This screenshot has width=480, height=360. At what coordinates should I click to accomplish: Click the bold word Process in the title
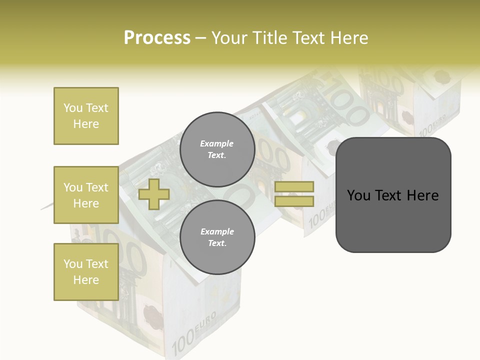[x=157, y=38]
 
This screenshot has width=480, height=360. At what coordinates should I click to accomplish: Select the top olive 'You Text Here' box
[x=86, y=116]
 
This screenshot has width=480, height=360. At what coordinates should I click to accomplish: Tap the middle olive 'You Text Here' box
[x=86, y=195]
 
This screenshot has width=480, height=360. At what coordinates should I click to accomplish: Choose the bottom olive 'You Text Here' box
[x=86, y=272]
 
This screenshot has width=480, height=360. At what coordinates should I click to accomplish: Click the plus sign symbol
[x=154, y=194]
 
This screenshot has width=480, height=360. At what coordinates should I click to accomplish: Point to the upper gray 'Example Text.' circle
[x=217, y=149]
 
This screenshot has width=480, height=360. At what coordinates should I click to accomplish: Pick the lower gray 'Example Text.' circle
[x=217, y=237]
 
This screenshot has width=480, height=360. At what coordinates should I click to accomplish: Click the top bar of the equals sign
[x=294, y=186]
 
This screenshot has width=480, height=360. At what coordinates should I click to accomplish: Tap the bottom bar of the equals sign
[x=294, y=201]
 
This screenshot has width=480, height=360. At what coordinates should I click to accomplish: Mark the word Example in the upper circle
[x=217, y=143]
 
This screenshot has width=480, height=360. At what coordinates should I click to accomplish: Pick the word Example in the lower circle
[x=217, y=231]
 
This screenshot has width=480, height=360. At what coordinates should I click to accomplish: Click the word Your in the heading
[x=230, y=38]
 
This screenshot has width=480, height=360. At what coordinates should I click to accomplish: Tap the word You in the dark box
[x=358, y=195]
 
